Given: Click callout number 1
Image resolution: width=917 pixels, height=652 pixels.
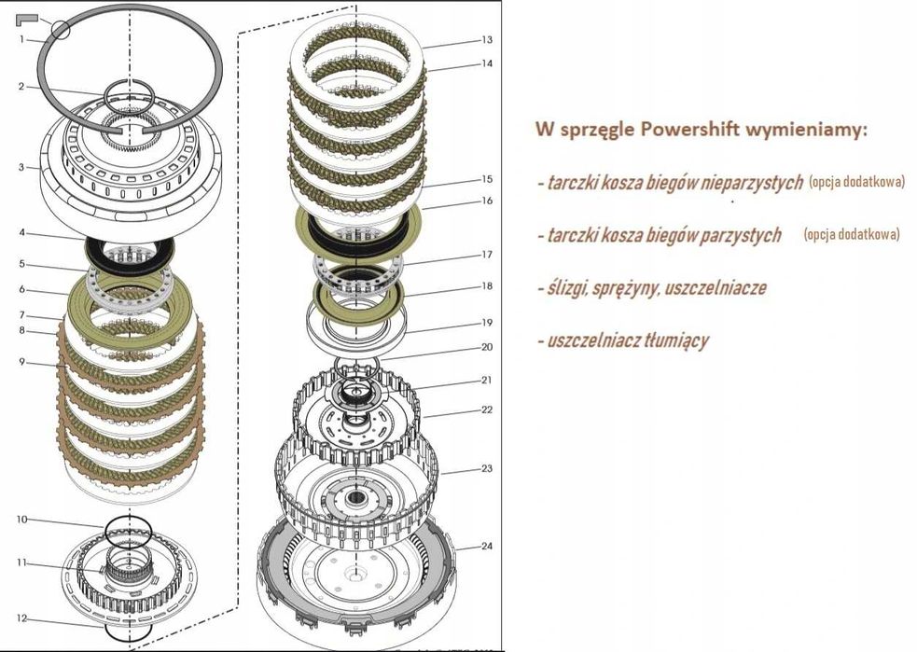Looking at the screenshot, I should pyautogui.click(x=20, y=40).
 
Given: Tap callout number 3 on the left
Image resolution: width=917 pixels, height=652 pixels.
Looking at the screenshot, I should pyautogui.click(x=20, y=168).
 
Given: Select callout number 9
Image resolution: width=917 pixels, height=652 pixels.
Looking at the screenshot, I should pyautogui.click(x=20, y=362).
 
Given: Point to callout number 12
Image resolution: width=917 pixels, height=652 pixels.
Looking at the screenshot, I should pyautogui.click(x=21, y=618).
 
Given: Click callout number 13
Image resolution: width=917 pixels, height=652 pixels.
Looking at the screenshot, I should pyautogui.click(x=487, y=40).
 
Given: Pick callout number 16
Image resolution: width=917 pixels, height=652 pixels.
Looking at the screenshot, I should pyautogui.click(x=487, y=201).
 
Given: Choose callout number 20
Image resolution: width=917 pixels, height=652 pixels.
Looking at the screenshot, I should pyautogui.click(x=487, y=346).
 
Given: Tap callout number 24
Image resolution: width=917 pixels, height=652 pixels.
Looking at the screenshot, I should pyautogui.click(x=487, y=546).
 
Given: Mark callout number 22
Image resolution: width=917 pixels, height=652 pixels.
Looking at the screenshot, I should pyautogui.click(x=487, y=409).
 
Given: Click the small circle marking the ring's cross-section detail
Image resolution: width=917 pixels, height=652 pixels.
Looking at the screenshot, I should pyautogui.click(x=61, y=28).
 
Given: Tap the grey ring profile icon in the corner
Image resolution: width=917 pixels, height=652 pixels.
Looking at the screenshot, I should pyautogui.click(x=26, y=18).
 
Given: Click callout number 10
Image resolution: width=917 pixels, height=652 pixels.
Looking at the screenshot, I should pyautogui.click(x=21, y=519).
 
